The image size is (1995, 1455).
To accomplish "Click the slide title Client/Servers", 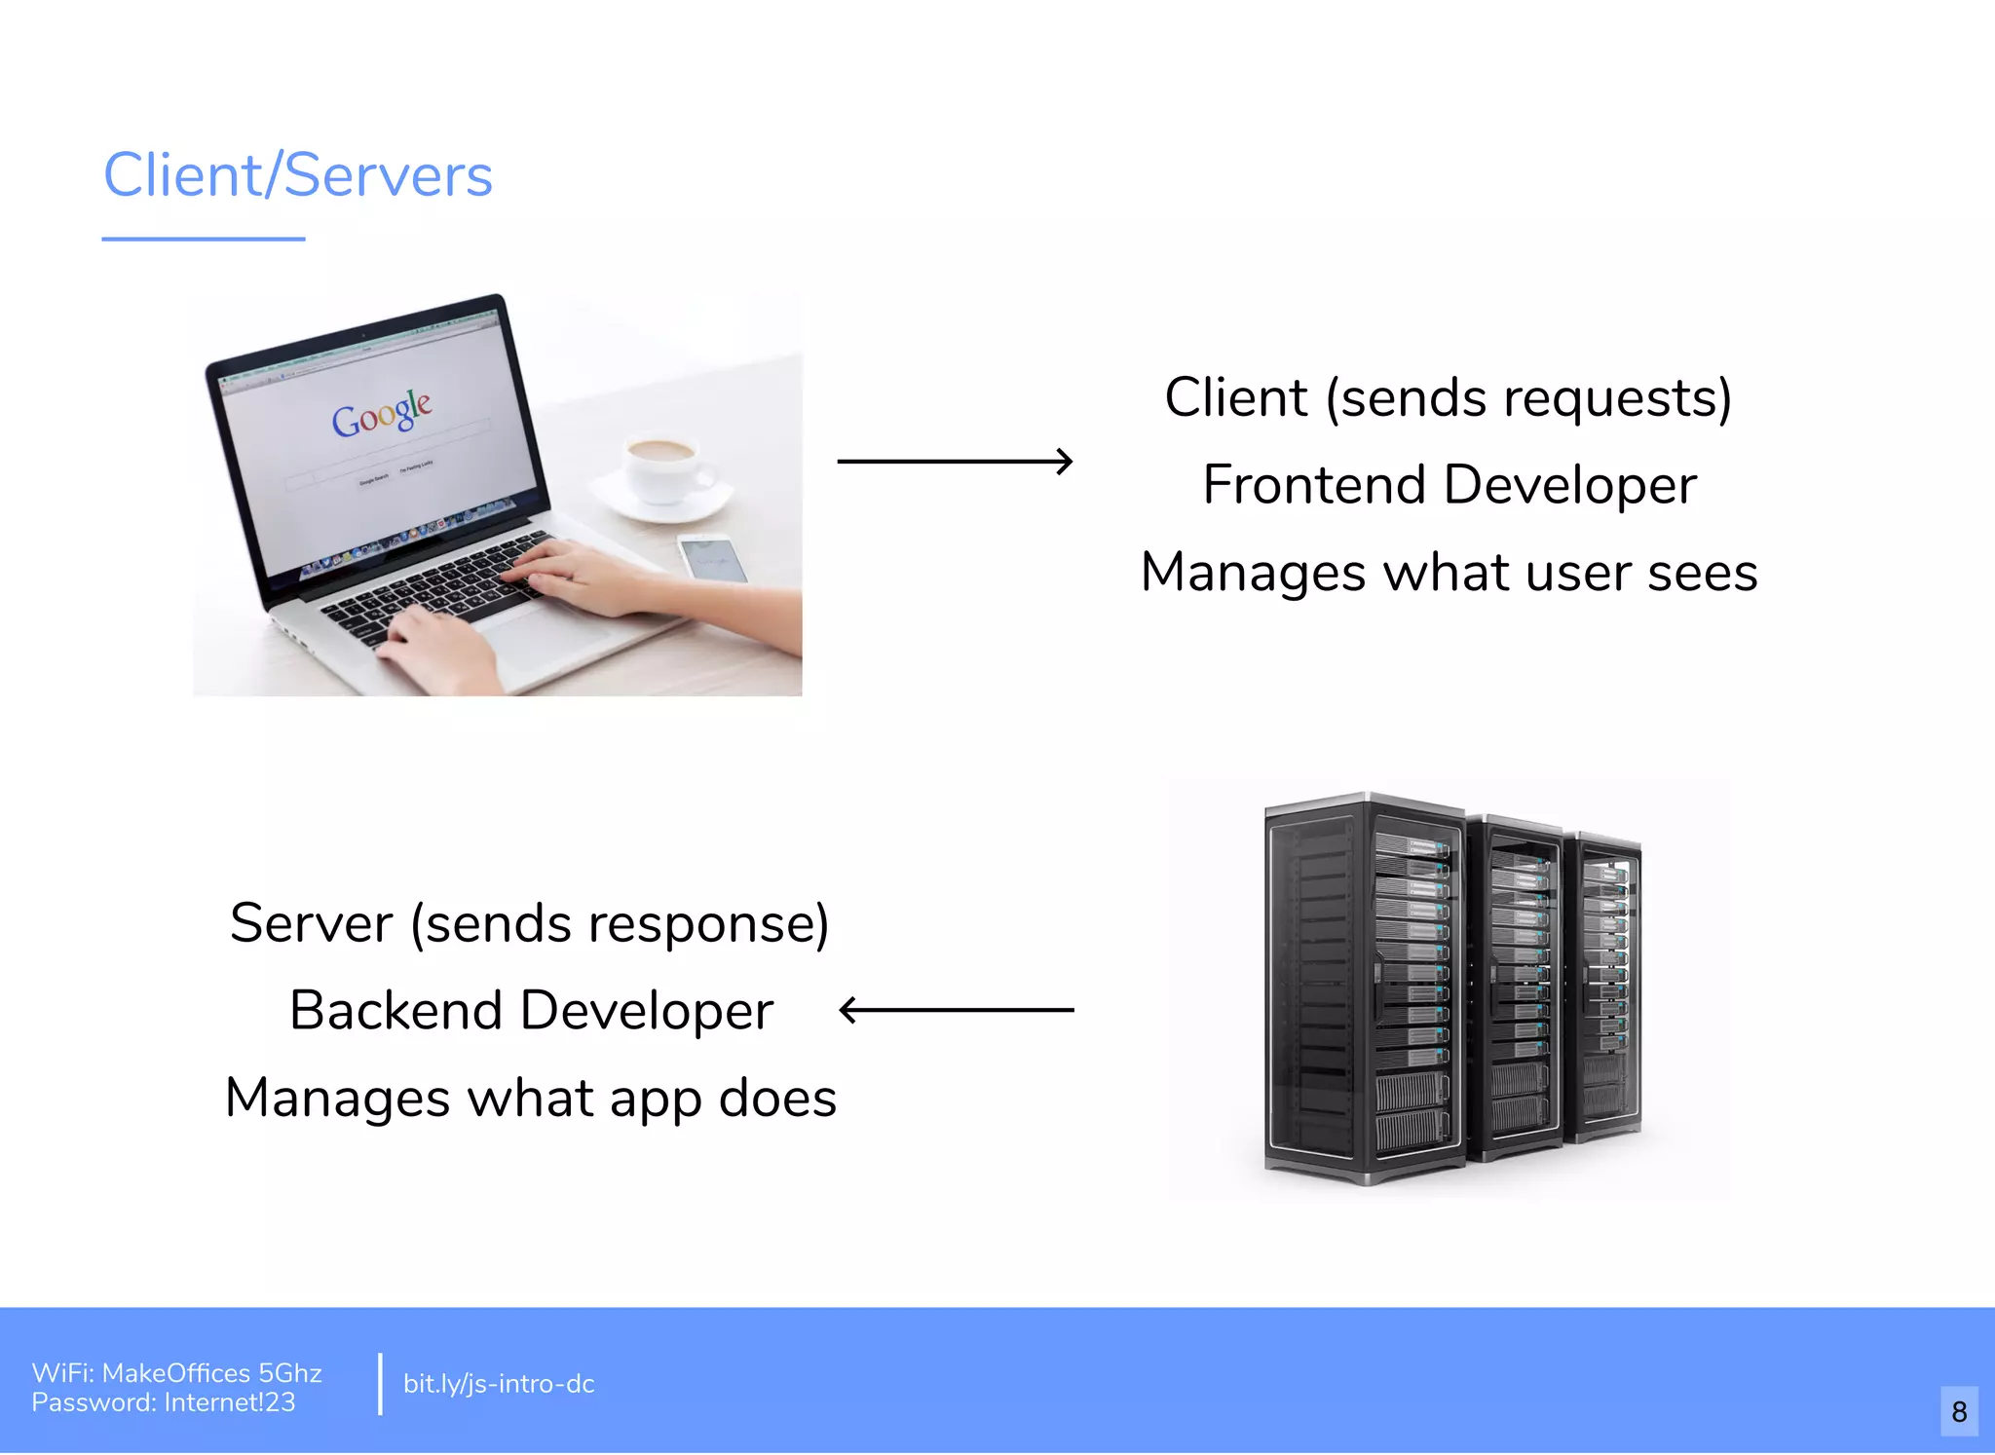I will [298, 175].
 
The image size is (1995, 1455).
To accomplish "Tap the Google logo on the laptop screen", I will [382, 414].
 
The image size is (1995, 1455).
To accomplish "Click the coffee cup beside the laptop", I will [663, 467].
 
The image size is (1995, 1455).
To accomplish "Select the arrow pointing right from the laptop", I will [955, 461].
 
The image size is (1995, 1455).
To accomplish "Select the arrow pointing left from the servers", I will [957, 1010].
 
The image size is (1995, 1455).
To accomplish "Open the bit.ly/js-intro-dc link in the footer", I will [499, 1384].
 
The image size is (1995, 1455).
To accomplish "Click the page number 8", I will [1959, 1411].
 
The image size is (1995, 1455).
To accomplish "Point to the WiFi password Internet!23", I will [230, 1402].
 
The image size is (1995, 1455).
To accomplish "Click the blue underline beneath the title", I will [204, 239].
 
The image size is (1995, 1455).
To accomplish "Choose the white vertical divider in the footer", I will [380, 1383].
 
